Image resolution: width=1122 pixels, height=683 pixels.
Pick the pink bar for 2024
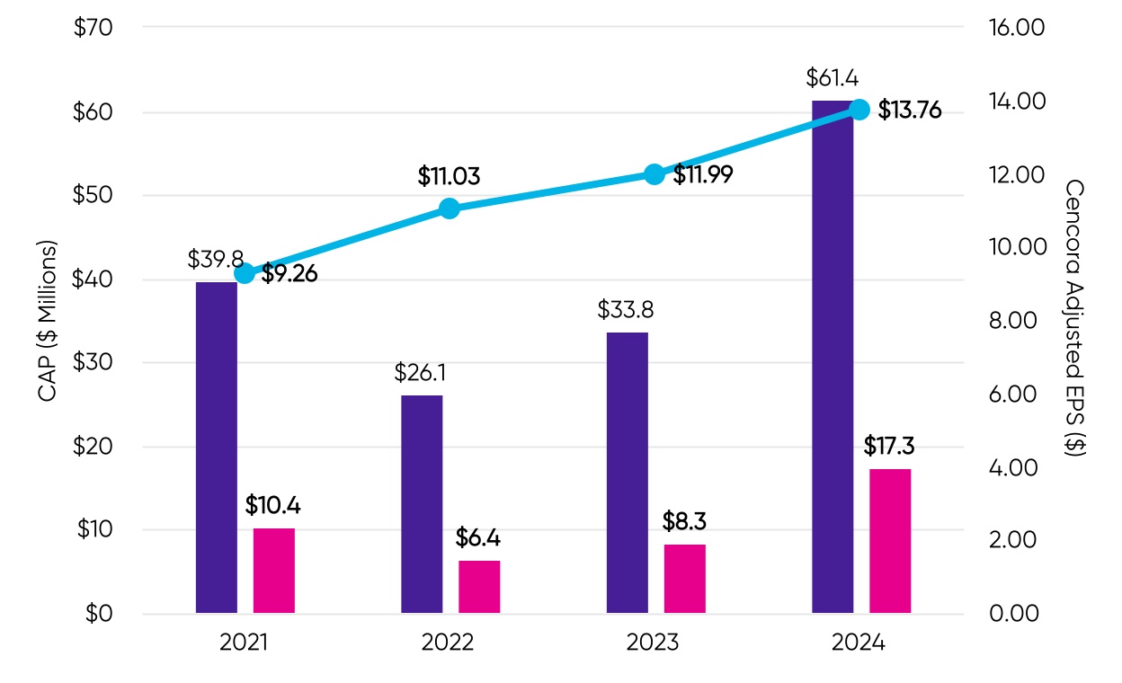(x=890, y=541)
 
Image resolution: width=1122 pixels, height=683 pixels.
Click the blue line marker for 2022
(x=450, y=208)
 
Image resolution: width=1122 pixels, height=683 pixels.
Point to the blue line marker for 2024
(x=859, y=110)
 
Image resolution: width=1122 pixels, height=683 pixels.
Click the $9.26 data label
(x=289, y=274)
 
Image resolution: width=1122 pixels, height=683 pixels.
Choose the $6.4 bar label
(x=479, y=539)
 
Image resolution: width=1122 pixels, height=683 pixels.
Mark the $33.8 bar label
(x=626, y=311)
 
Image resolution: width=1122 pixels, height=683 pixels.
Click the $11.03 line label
(x=449, y=177)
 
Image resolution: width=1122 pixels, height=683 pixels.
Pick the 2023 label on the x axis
(x=654, y=643)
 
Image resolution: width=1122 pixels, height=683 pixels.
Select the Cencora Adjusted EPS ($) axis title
(x=1074, y=318)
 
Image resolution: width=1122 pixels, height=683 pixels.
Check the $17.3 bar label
(x=889, y=446)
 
